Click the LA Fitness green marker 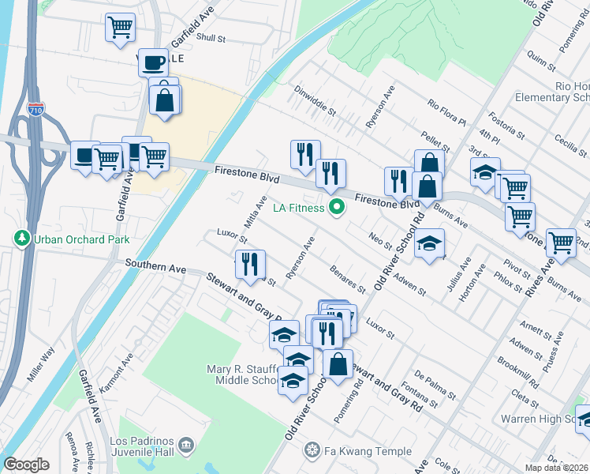click(x=337, y=209)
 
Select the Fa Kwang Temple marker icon click(x=312, y=451)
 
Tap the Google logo click(x=26, y=465)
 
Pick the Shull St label click(x=211, y=37)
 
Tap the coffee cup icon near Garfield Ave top click(x=153, y=62)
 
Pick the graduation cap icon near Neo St click(x=429, y=244)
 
